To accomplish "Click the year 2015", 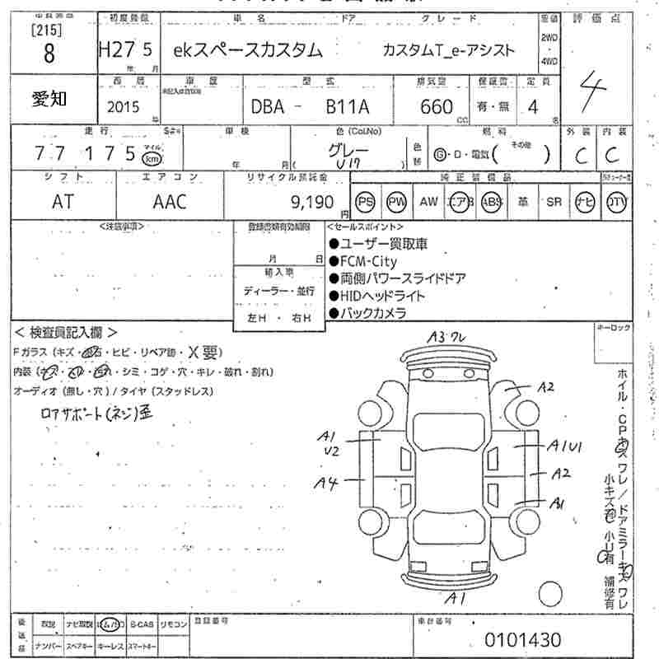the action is (x=124, y=106).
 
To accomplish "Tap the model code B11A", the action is (x=348, y=106).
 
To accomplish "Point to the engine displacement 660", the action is (x=436, y=106).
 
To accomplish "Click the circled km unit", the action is (x=152, y=158).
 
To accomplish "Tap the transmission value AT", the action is (x=63, y=202).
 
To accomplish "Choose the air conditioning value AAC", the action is (x=170, y=202).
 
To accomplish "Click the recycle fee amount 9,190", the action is (x=313, y=202).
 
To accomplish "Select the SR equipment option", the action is (x=554, y=202).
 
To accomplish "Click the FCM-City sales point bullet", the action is (x=367, y=261).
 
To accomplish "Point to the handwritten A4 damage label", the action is (x=328, y=484).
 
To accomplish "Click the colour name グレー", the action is (x=348, y=151).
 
